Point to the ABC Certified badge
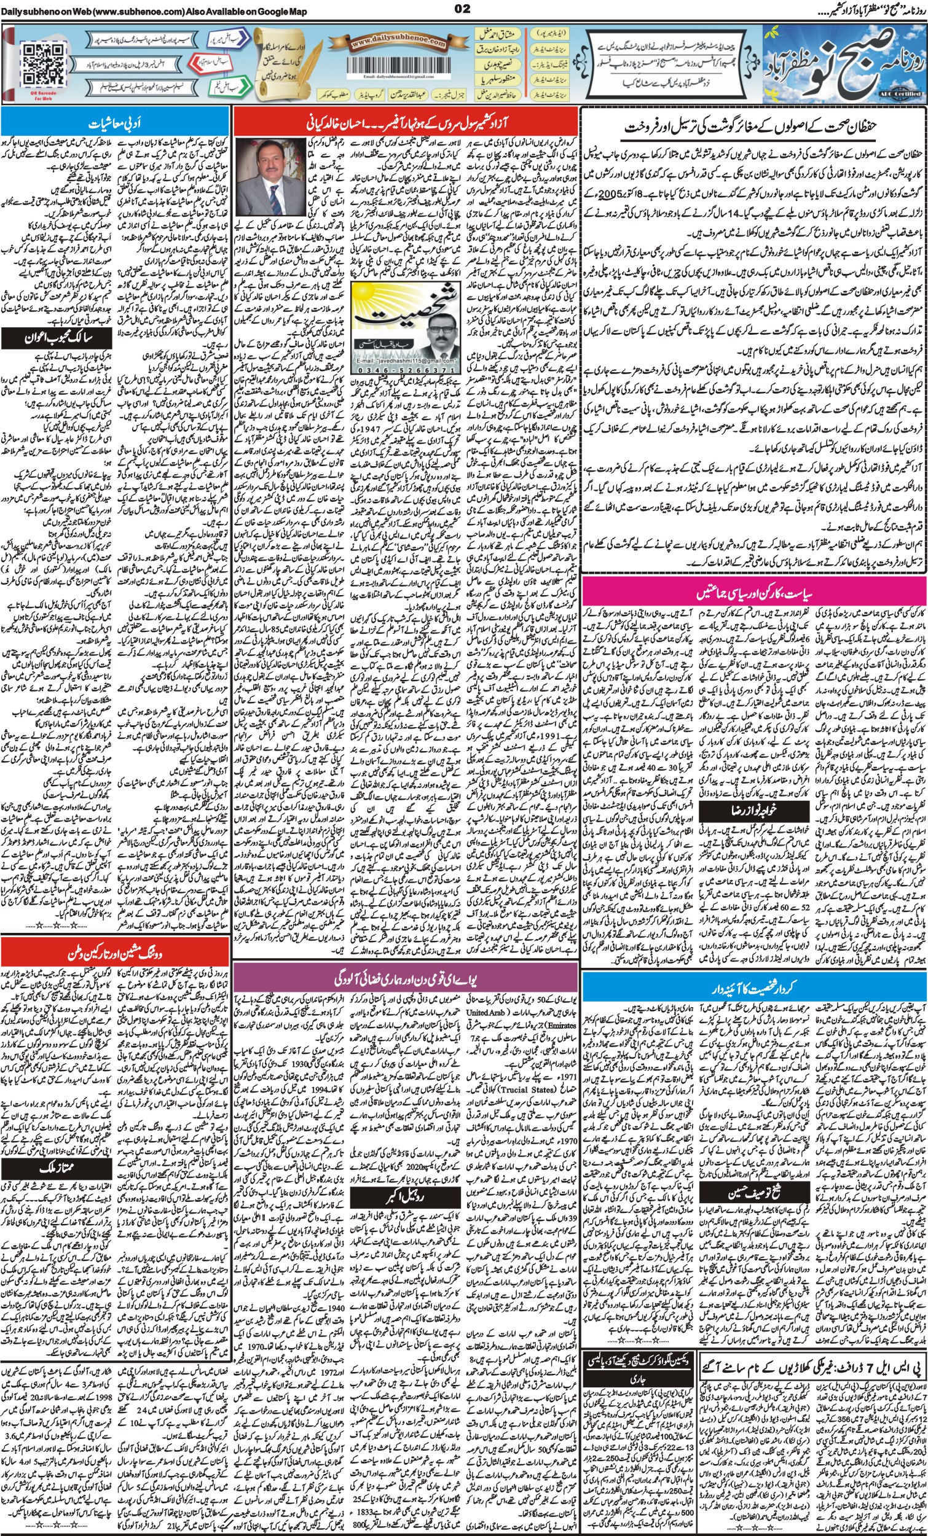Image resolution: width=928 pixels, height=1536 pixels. (902, 92)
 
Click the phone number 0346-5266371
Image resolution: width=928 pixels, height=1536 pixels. (406, 369)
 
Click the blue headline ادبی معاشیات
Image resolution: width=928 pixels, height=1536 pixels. (115, 123)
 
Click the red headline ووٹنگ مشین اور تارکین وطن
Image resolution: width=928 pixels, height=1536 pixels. (116, 954)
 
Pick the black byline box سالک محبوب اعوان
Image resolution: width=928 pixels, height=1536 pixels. (57, 339)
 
